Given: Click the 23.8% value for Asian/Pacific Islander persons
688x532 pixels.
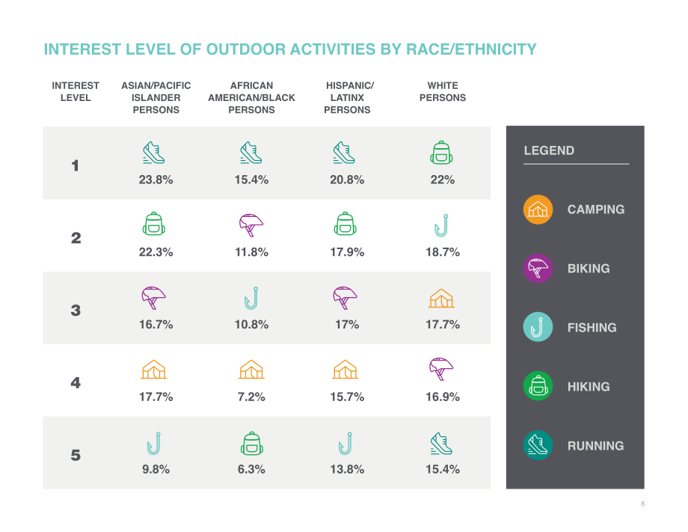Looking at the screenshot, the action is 156,180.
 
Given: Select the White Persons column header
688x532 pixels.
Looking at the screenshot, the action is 442,92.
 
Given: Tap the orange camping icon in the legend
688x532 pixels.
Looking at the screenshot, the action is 538,210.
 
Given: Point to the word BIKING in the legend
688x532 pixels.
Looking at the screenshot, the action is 589,269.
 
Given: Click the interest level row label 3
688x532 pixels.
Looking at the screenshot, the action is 76,311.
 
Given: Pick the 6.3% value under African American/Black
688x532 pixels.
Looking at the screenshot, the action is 251,470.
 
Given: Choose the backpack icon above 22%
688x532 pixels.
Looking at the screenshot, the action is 441,153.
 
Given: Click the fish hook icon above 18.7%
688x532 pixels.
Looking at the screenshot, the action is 441,225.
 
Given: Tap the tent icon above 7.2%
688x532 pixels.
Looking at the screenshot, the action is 251,370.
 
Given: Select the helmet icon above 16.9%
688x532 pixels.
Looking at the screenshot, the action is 440,369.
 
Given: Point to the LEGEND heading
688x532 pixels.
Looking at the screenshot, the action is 549,150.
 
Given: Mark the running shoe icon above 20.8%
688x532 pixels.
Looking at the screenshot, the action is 344,153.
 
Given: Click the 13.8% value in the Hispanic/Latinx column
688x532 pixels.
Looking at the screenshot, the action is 347,470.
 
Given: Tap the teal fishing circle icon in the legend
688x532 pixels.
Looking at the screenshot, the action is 538,327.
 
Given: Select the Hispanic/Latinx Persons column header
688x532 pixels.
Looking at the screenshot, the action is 348,98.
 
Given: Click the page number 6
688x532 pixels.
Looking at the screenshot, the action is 643,504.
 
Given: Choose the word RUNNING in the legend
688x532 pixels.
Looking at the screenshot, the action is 595,446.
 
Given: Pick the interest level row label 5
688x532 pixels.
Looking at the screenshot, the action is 76,455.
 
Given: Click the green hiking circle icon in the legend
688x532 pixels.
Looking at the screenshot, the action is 538,386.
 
